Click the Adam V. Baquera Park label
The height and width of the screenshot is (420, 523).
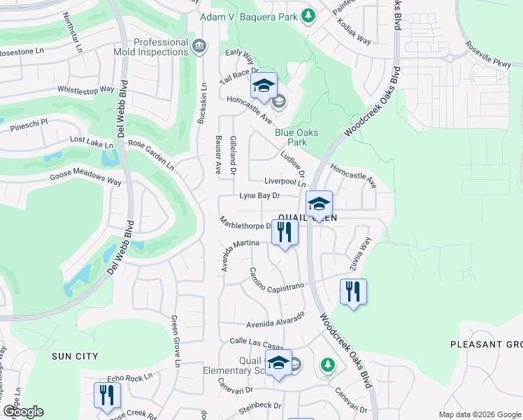[249, 17]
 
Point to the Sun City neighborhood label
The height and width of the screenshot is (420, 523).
[75, 356]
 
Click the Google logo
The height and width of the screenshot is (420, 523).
[23, 412]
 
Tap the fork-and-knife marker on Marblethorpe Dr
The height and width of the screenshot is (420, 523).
[285, 231]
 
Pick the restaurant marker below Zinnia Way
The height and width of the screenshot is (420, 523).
[353, 290]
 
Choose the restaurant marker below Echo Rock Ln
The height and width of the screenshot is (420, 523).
[107, 394]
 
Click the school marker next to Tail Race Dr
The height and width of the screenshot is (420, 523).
[264, 86]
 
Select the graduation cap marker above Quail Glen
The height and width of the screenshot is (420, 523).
[319, 204]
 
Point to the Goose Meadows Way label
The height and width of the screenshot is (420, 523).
[85, 178]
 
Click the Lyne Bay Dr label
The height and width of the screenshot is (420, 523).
[259, 196]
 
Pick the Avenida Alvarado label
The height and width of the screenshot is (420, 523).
[276, 319]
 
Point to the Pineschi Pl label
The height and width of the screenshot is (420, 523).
[29, 125]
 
